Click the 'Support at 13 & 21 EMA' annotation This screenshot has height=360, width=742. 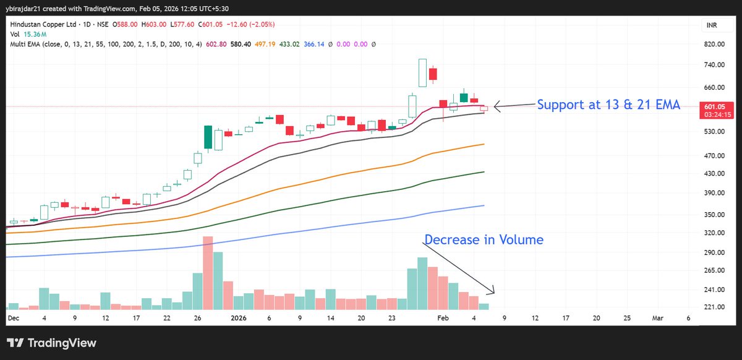(608, 105)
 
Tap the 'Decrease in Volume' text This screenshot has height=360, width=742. (484, 239)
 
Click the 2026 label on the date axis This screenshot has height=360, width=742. (239, 317)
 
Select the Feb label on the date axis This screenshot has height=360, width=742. (443, 317)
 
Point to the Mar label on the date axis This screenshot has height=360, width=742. (657, 317)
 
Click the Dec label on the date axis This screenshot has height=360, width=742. (13, 317)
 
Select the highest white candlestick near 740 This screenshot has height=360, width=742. (422, 72)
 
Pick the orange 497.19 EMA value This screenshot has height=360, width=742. (281, 44)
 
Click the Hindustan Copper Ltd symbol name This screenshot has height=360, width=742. (38, 24)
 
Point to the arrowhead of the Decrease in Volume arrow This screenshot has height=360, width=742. (493, 293)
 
